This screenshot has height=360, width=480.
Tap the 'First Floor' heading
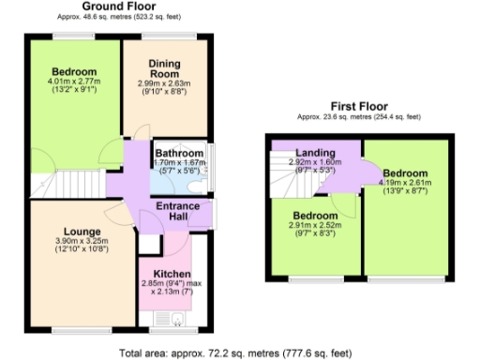tap(360, 106)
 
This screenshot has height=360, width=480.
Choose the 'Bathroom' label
tap(178, 153)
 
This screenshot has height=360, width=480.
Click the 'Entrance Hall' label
tap(174, 212)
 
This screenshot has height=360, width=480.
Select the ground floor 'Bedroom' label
tap(73, 71)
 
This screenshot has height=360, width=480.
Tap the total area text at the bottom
tap(235, 353)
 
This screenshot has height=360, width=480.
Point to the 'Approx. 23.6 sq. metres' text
tap(360, 116)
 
